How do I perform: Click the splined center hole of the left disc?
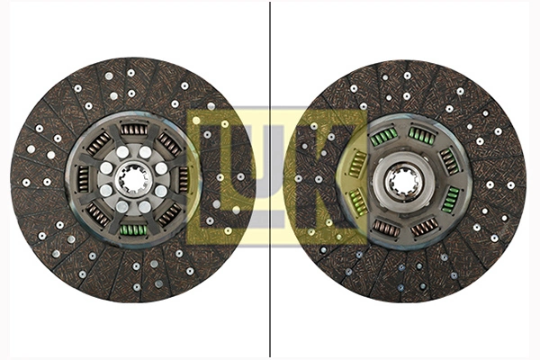tap(133, 179)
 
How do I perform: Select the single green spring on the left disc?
tap(133, 229)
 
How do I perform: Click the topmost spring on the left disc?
tap(133, 130)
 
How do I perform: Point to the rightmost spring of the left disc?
tap(184, 179)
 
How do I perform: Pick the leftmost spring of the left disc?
tap(84, 179)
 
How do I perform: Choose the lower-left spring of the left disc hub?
tap(98, 214)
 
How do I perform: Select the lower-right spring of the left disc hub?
tap(168, 214)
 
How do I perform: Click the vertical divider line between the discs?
tap(270, 297)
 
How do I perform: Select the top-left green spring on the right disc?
tap(384, 137)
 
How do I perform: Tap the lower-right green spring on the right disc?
tap(450, 199)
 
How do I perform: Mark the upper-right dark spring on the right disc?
tap(448, 161)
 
